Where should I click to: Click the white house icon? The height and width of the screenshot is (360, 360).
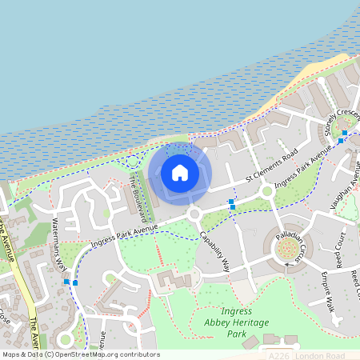pyautogui.click(x=180, y=172)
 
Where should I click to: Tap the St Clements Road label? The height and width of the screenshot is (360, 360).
pyautogui.click(x=271, y=164)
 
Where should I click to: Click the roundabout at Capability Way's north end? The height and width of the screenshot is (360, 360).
pyautogui.click(x=194, y=214)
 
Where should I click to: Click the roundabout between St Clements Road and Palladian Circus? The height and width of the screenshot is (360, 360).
pyautogui.click(x=268, y=192)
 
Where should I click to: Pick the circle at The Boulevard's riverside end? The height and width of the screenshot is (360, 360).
pyautogui.click(x=133, y=162)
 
